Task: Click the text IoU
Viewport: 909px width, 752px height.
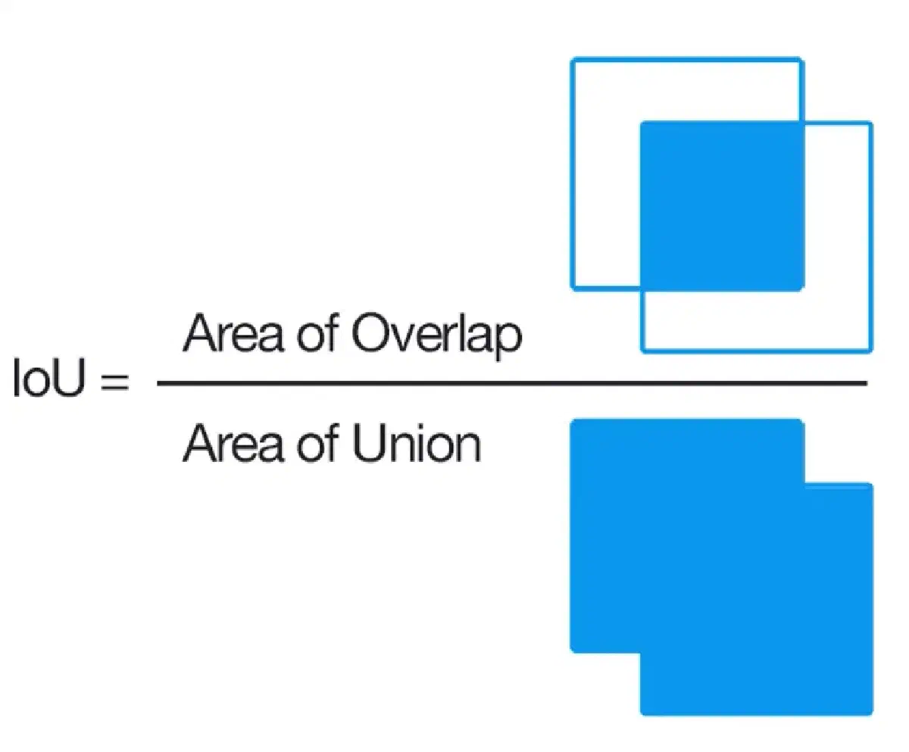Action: click(x=48, y=377)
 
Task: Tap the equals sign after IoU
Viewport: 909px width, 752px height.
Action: click(x=115, y=381)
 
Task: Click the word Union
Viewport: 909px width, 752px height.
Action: click(x=417, y=443)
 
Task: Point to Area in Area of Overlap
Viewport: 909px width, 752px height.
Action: click(x=233, y=332)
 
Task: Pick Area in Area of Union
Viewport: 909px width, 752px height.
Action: click(x=233, y=442)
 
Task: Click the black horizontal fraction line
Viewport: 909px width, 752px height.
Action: click(x=512, y=383)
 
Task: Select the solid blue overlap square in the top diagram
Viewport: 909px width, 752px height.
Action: click(x=722, y=206)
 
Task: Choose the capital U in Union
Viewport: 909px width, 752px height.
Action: click(x=369, y=443)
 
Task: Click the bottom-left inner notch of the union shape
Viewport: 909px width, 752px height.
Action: click(x=640, y=653)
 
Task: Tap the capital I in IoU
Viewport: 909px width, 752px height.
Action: click(x=17, y=377)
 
